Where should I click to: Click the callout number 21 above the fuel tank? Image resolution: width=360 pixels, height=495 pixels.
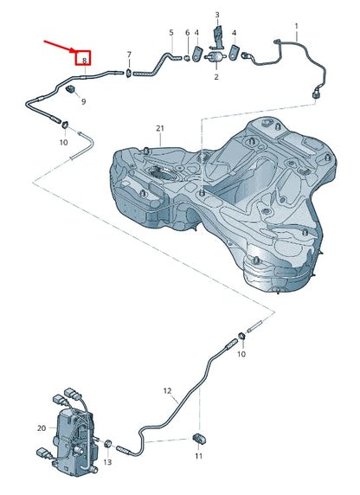160,128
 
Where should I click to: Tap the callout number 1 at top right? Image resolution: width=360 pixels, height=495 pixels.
297,26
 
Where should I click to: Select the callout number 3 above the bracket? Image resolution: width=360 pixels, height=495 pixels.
217,15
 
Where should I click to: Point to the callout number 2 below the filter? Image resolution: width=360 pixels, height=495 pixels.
216,77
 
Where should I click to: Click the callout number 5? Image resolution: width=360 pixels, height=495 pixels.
171,32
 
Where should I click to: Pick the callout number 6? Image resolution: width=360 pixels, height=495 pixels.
187,33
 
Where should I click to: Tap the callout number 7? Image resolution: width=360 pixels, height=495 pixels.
129,55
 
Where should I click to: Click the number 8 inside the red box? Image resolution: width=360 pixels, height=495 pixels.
84,61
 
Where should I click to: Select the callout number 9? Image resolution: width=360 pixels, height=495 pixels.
83,101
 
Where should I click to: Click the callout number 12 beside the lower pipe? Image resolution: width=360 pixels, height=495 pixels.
167,391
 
